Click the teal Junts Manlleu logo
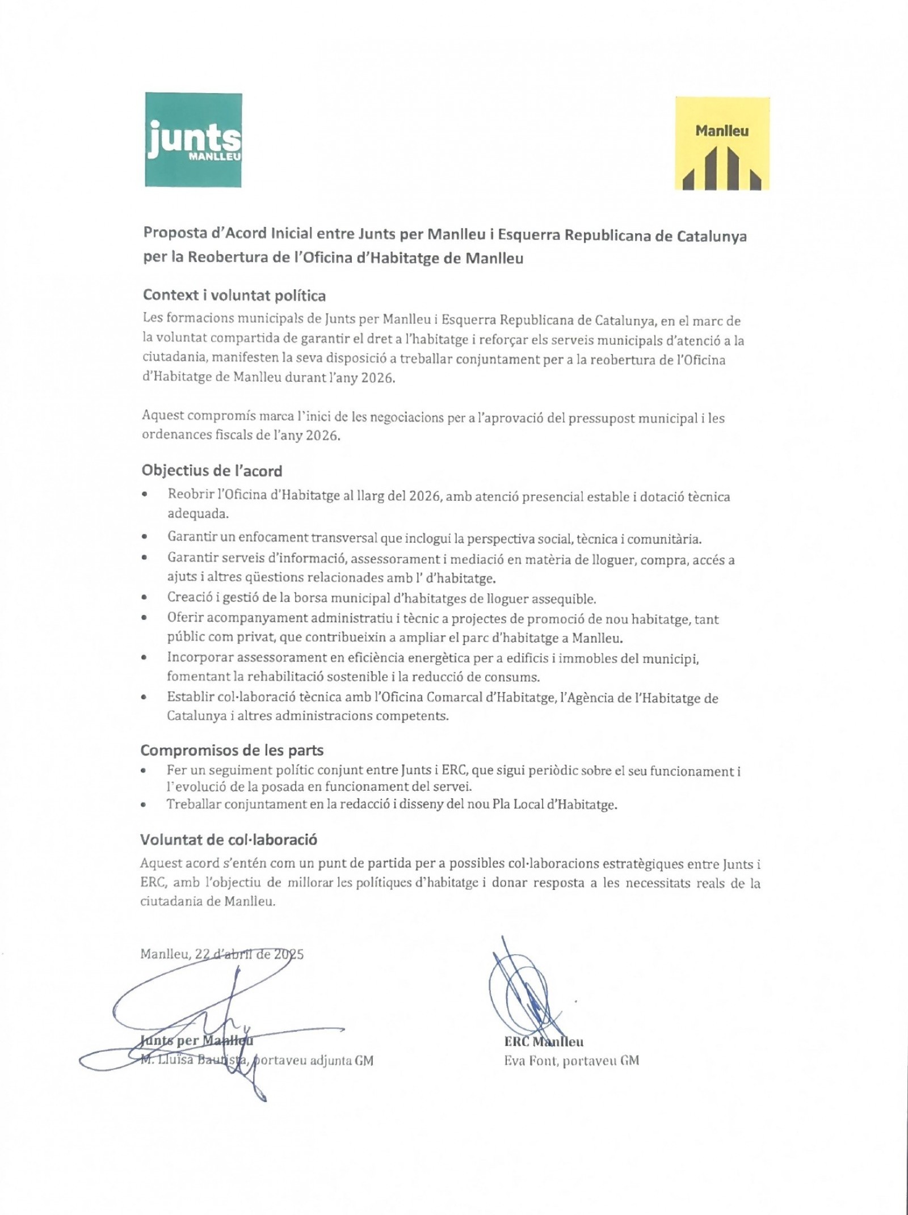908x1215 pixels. (193, 140)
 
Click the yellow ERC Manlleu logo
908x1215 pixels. (722, 143)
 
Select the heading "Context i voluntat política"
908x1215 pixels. (234, 296)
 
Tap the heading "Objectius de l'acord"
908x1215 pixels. (212, 471)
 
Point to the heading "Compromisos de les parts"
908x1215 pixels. (232, 750)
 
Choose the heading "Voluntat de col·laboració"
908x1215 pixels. (228, 839)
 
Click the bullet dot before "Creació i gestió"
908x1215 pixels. (146, 598)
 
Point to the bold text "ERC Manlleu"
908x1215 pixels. (543, 1042)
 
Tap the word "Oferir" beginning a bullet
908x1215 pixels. (184, 618)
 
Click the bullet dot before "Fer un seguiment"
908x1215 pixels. (146, 771)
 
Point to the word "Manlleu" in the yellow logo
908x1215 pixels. (722, 131)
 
